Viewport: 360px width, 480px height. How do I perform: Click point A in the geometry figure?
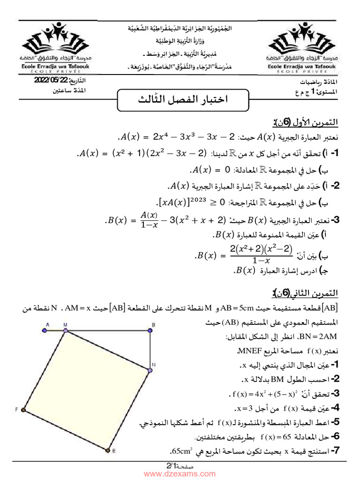pos(45,330)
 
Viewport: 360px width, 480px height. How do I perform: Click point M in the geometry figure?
pos(65,330)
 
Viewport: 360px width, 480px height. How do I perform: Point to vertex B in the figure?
pos(151,330)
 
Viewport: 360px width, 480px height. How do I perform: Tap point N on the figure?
pos(150,370)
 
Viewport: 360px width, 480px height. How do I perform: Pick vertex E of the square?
pos(108,450)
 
